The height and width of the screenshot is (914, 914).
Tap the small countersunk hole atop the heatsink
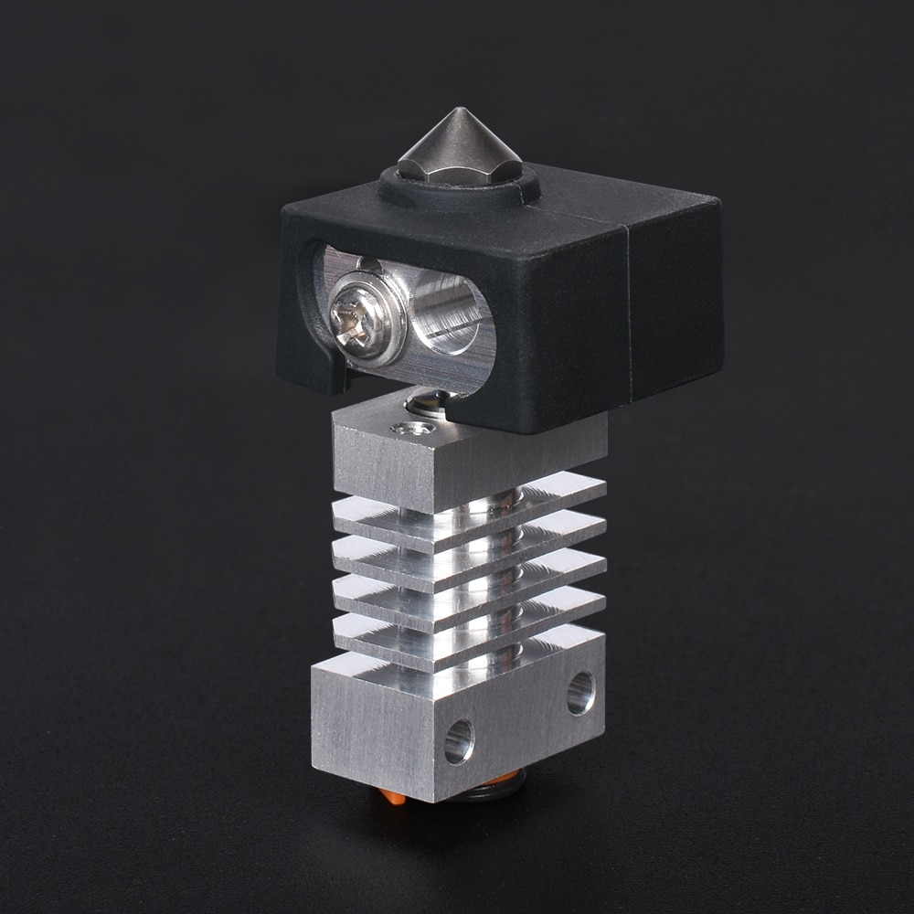(x=412, y=428)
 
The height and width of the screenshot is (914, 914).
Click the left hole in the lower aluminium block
(x=459, y=740)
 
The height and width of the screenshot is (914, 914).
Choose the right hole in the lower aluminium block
(x=580, y=693)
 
